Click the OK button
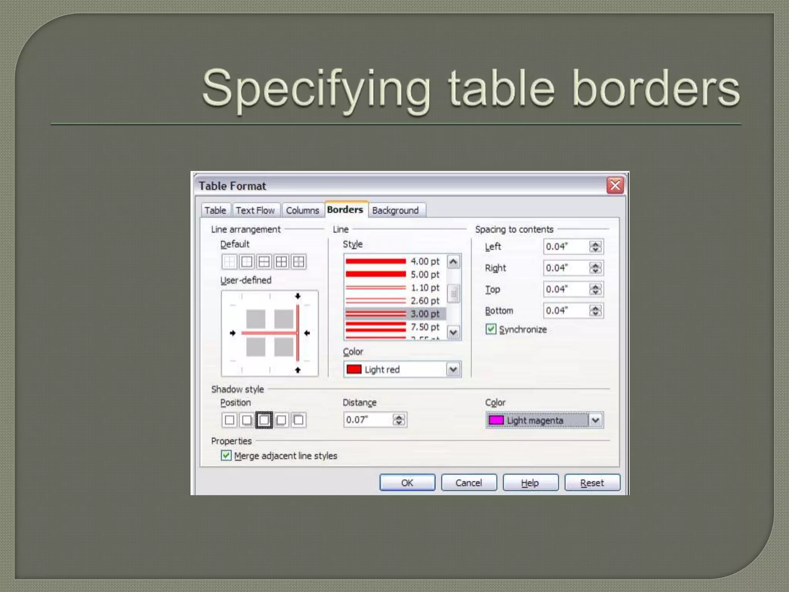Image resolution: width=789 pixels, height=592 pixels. click(407, 483)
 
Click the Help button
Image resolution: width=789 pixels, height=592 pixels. click(530, 483)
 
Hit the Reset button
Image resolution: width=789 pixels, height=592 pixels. click(592, 483)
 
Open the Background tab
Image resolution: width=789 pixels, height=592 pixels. click(396, 210)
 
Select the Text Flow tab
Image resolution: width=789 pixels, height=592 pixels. click(255, 210)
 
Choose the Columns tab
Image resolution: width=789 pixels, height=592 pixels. click(302, 210)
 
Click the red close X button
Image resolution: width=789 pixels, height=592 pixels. click(615, 185)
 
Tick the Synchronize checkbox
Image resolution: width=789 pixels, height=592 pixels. click(491, 329)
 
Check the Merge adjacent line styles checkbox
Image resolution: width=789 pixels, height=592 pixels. click(226, 456)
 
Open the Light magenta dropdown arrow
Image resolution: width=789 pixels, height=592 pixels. click(596, 420)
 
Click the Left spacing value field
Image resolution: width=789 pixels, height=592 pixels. click(566, 247)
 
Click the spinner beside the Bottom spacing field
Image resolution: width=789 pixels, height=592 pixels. click(596, 311)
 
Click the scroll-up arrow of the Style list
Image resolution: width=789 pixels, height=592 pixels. click(453, 262)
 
